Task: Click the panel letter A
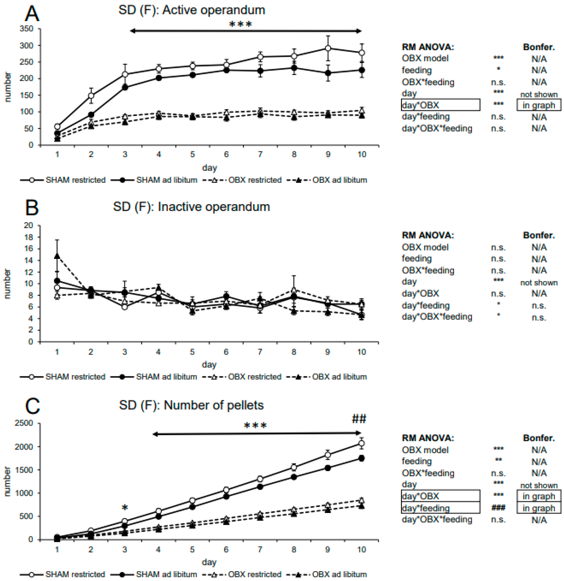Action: tap(32, 13)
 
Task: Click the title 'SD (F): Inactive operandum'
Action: tap(191, 207)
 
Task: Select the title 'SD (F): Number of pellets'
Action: tap(191, 405)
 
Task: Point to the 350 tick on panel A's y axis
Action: tap(26, 29)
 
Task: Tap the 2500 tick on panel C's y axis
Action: tap(24, 423)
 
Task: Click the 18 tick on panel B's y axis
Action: tap(28, 237)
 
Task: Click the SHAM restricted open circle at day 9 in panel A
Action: tap(328, 48)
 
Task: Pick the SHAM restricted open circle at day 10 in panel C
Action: tap(361, 443)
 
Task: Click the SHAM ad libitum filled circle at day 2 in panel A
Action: tap(91, 115)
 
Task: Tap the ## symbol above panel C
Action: tap(359, 419)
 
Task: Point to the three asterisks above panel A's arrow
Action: tap(240, 24)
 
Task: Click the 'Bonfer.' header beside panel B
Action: tap(539, 235)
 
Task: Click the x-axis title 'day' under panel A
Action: tap(209, 168)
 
